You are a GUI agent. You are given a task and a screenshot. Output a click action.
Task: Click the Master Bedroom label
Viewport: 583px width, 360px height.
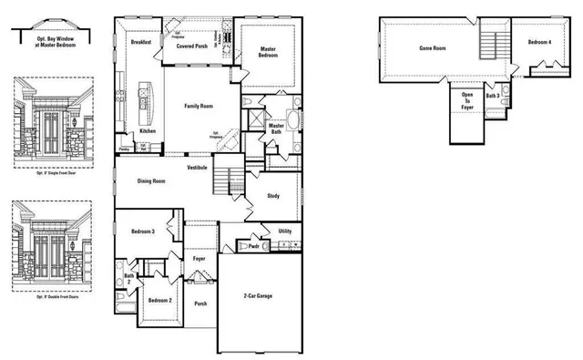click(x=268, y=53)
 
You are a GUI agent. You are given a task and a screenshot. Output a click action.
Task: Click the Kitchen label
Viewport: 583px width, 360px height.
click(x=147, y=131)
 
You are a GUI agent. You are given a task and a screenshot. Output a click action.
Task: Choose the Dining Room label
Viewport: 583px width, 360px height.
click(x=150, y=181)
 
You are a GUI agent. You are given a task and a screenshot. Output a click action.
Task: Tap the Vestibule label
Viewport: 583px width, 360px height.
click(x=198, y=169)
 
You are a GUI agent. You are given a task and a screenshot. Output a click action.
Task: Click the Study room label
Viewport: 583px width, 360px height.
click(x=272, y=195)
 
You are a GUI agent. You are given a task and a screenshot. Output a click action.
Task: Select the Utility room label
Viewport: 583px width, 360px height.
click(x=284, y=231)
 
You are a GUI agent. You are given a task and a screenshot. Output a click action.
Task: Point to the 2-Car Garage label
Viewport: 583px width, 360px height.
click(x=258, y=296)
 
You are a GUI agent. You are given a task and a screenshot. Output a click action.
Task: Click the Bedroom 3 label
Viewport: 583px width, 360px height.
click(x=141, y=231)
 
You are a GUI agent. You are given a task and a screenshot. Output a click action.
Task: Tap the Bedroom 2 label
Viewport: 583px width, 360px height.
click(x=160, y=300)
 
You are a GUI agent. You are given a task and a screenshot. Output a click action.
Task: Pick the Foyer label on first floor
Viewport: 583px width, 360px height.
click(x=199, y=259)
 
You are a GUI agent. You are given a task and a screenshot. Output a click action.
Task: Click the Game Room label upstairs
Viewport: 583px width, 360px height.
click(x=431, y=47)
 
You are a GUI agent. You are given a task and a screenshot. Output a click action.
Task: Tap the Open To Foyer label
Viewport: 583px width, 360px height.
click(x=467, y=101)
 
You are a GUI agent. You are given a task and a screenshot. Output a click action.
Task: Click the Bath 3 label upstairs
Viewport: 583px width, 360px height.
click(x=493, y=95)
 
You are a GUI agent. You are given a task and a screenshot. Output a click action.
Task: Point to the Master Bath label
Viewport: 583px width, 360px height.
click(x=276, y=129)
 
